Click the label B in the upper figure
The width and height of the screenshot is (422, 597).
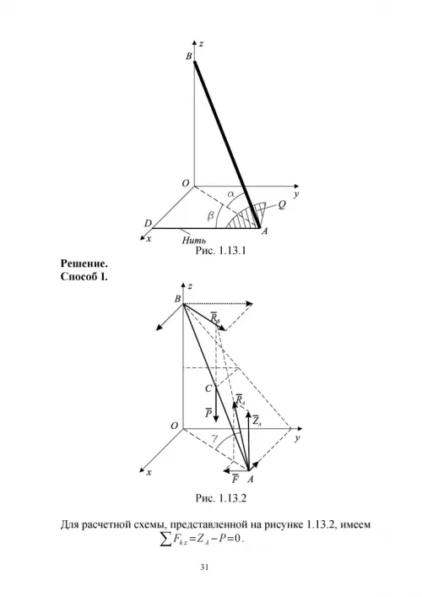pyautogui.click(x=189, y=57)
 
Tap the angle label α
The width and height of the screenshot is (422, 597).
pyautogui.click(x=231, y=194)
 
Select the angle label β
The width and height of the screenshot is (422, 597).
pyautogui.click(x=210, y=217)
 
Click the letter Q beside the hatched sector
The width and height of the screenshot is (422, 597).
pyautogui.click(x=282, y=205)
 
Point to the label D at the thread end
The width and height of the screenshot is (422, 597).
pyautogui.click(x=148, y=224)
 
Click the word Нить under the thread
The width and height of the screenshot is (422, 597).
pyautogui.click(x=194, y=241)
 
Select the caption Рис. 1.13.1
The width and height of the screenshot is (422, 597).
pyautogui.click(x=220, y=251)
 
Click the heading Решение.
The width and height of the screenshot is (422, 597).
pyautogui.click(x=84, y=263)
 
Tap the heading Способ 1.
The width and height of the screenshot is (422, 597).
pyautogui.click(x=84, y=276)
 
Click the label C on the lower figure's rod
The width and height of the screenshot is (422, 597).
pyautogui.click(x=208, y=388)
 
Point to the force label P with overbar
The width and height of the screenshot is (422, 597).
pyautogui.click(x=208, y=412)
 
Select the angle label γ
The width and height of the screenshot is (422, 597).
pyautogui.click(x=214, y=439)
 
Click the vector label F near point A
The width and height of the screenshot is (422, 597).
pyautogui.click(x=235, y=479)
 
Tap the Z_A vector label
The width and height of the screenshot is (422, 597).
pyautogui.click(x=257, y=420)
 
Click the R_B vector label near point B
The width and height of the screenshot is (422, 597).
pyautogui.click(x=215, y=317)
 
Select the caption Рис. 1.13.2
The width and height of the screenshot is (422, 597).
pyautogui.click(x=221, y=498)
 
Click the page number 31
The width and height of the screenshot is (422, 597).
pyautogui.click(x=204, y=567)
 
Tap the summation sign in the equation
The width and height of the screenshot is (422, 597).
pyautogui.click(x=165, y=539)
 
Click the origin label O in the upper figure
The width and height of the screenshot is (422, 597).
pyautogui.click(x=186, y=183)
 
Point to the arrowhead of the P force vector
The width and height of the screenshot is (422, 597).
pyautogui.click(x=216, y=419)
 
